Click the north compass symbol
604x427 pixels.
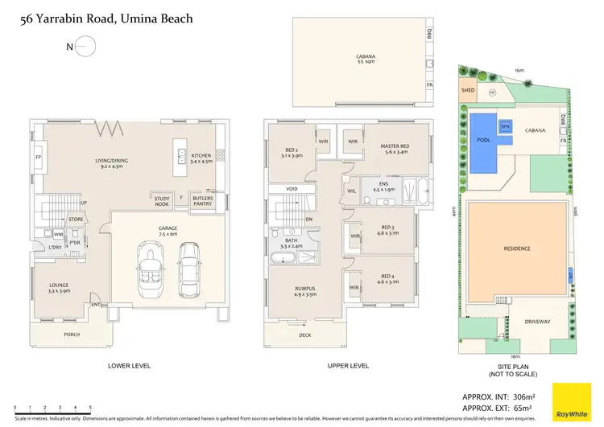tap(86, 47)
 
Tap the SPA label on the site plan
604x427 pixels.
tap(505, 127)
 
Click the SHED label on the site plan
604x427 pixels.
tap(467, 91)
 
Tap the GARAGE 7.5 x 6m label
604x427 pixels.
tap(168, 231)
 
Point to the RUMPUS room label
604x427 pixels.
tap(304, 291)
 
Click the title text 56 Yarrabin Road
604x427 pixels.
tap(106, 18)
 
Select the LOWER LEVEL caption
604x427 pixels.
tap(130, 366)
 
